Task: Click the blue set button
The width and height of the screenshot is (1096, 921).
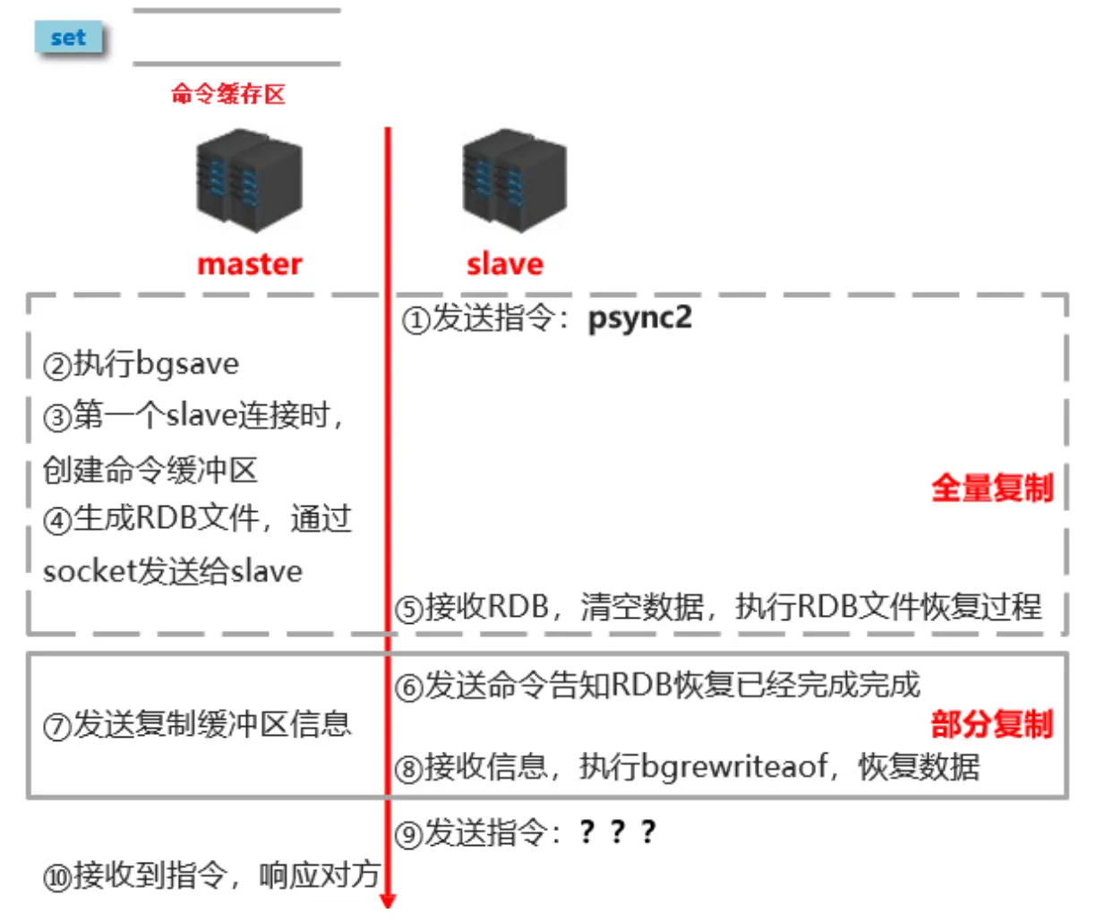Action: click(x=68, y=38)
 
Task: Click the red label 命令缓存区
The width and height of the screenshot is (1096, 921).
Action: click(x=228, y=94)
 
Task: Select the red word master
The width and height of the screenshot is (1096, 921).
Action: click(x=249, y=264)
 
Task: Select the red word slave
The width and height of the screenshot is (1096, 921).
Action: click(x=504, y=264)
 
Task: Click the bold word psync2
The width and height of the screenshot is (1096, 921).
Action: click(x=639, y=318)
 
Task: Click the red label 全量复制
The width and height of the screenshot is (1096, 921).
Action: click(x=991, y=488)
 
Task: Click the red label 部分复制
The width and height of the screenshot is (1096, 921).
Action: click(x=991, y=723)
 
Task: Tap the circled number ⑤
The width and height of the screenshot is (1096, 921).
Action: click(x=409, y=610)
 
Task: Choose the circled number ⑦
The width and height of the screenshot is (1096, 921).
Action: click(x=57, y=726)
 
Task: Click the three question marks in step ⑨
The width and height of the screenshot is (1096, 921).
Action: click(x=618, y=832)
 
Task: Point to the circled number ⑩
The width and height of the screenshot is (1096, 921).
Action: click(x=57, y=877)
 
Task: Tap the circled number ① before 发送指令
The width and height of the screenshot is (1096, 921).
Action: click(x=416, y=320)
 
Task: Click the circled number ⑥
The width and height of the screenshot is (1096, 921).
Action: click(x=409, y=687)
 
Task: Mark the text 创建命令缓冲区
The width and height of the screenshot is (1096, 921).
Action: click(x=150, y=469)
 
